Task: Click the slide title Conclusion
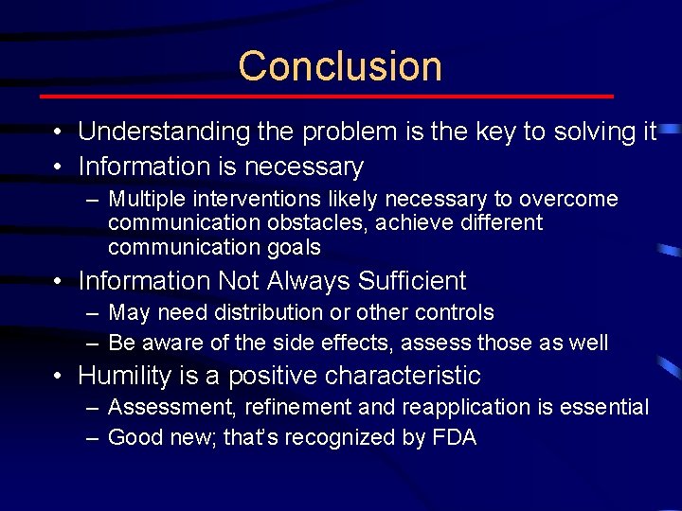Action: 340,66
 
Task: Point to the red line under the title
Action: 327,97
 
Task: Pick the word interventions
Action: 246,200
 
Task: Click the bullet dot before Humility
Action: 59,377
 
